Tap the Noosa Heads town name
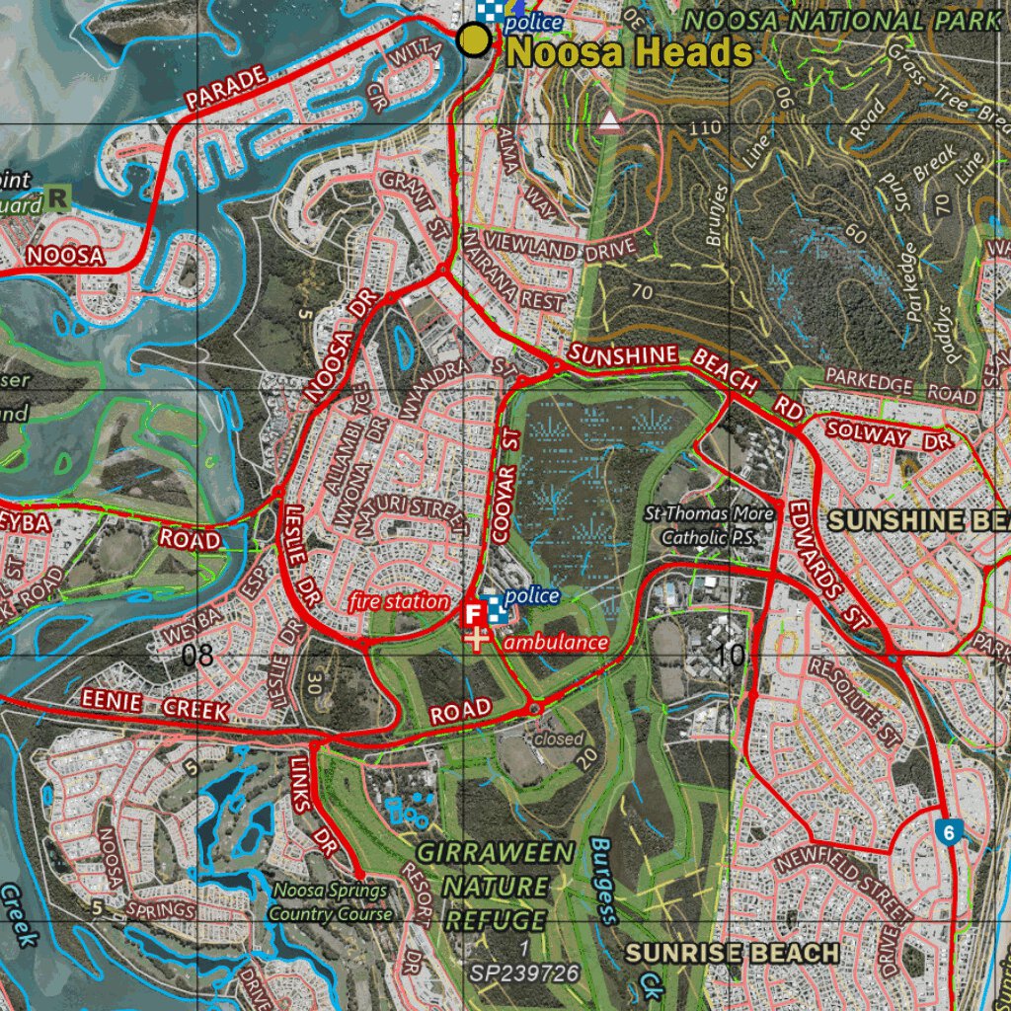click(630, 52)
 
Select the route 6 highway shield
click(948, 831)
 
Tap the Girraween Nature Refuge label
click(495, 886)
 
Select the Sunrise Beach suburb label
click(732, 953)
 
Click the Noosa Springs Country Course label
click(330, 902)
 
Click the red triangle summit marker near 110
click(609, 121)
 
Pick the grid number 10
click(730, 655)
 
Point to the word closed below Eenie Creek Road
click(559, 739)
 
